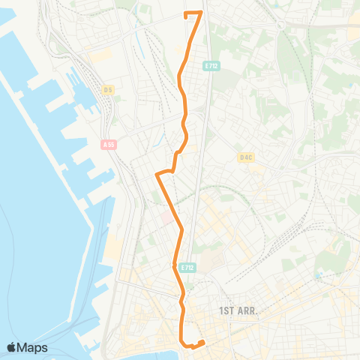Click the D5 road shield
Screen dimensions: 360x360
coord(108,90)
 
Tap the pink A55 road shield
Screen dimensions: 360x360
coord(110,144)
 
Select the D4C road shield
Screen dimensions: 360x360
coord(245,157)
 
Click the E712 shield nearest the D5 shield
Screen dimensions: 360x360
coord(211,66)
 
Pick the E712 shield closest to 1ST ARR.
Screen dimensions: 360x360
coord(187,267)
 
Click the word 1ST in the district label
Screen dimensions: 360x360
coord(226,310)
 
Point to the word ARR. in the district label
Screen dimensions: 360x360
coord(247,310)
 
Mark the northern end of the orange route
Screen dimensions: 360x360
coord(186,13)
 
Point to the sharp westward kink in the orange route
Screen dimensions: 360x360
coord(157,175)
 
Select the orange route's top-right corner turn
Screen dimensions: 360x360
coord(200,13)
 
